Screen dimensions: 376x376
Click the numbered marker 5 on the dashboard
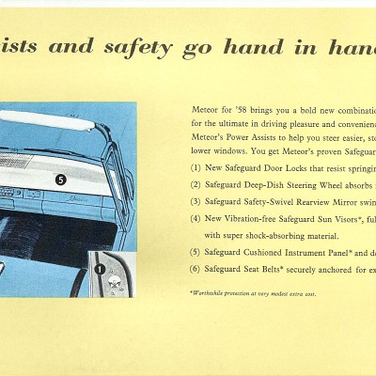61,177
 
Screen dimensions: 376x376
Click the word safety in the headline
142,47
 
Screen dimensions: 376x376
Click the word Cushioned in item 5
273,252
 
